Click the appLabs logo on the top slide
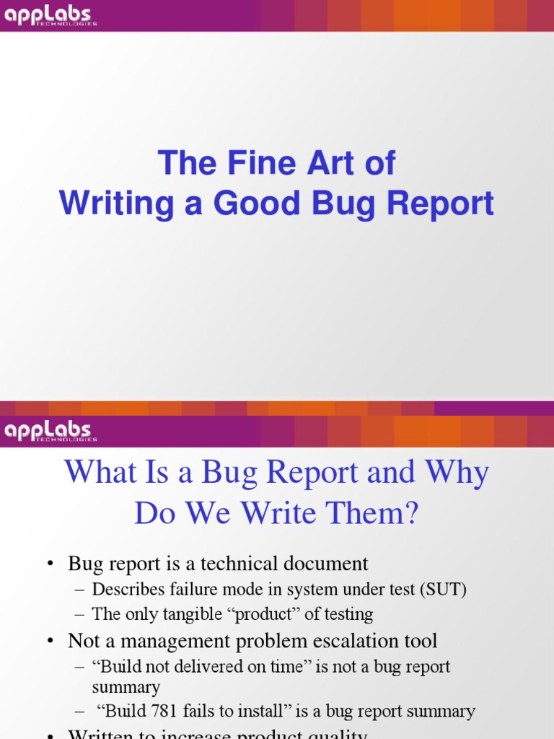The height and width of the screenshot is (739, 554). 50,16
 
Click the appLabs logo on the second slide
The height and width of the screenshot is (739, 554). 50,431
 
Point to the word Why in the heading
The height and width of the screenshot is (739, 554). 457,473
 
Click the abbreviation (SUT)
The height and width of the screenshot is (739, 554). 442,589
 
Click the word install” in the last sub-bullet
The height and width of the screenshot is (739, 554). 281,711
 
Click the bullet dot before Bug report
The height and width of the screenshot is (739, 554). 51,564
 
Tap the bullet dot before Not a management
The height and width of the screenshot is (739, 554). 51,642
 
